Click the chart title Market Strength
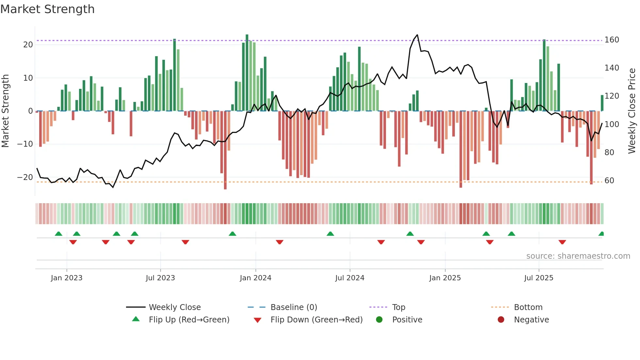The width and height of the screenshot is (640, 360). pyautogui.click(x=47, y=9)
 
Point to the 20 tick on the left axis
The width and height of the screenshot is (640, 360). pyautogui.click(x=28, y=45)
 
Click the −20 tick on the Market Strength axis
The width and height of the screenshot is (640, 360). pyautogui.click(x=25, y=177)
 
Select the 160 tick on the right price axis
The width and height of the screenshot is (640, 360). pyautogui.click(x=612, y=40)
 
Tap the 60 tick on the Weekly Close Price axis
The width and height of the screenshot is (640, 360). pyautogui.click(x=609, y=181)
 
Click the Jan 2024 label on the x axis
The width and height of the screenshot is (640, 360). pyautogui.click(x=255, y=278)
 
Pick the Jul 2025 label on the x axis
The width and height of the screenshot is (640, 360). pyautogui.click(x=538, y=278)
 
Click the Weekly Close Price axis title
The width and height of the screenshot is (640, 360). pyautogui.click(x=632, y=111)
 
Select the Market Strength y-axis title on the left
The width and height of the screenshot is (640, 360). pyautogui.click(x=5, y=111)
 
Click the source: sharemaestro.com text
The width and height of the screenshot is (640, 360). pyautogui.click(x=578, y=256)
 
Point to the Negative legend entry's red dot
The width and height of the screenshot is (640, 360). pyautogui.click(x=501, y=320)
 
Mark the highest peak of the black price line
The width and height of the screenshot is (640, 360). pyautogui.click(x=417, y=35)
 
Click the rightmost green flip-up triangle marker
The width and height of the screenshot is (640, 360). pyautogui.click(x=601, y=234)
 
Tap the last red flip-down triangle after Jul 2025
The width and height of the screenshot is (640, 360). pyautogui.click(x=562, y=242)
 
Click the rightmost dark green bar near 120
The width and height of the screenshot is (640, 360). pyautogui.click(x=602, y=103)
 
